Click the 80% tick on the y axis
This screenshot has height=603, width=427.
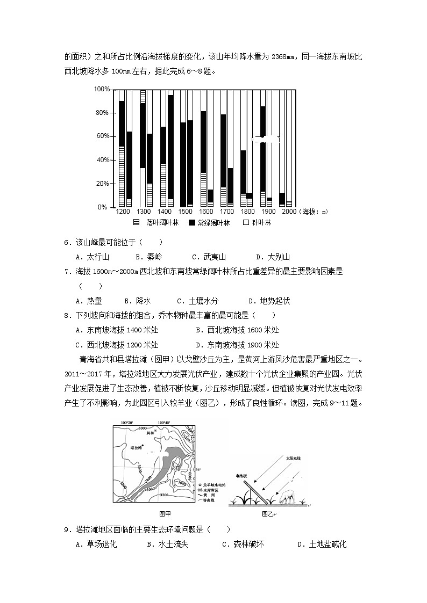point(102,113)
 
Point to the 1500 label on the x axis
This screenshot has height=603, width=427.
point(185,212)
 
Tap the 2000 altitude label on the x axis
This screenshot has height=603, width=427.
point(288,212)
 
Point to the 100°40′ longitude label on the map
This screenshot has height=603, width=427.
point(163,423)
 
